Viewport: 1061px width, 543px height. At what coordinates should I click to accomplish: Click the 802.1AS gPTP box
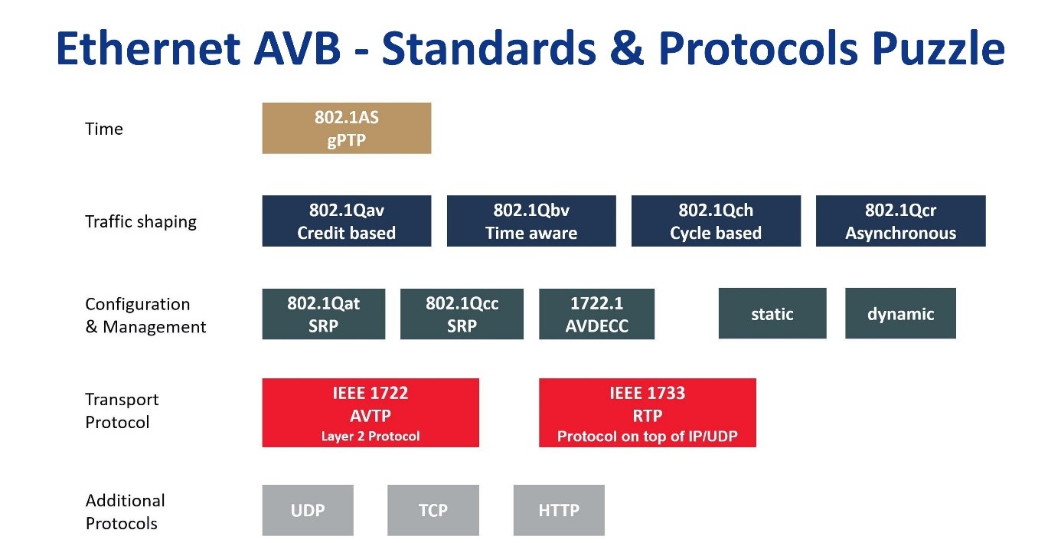(x=346, y=128)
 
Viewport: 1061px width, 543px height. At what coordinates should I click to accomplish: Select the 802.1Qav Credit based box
(x=346, y=221)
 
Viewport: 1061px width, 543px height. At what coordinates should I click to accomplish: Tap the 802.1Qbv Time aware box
(x=530, y=221)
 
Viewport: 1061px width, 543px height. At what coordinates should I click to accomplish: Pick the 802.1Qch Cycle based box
(x=716, y=221)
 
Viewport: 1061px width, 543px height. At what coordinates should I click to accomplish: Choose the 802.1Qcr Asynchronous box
(x=900, y=221)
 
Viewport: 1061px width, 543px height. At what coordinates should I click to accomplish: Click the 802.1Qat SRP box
(x=323, y=314)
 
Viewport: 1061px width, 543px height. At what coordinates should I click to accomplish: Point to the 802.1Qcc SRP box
(x=462, y=314)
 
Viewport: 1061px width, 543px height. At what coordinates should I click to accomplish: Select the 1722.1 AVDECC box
(x=596, y=314)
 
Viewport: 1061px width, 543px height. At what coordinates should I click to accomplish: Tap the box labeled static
(x=772, y=313)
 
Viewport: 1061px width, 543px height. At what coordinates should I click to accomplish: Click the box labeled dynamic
(x=900, y=313)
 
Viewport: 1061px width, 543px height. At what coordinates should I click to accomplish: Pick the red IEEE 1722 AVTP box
(x=370, y=413)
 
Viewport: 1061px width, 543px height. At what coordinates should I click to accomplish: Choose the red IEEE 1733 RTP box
(x=647, y=413)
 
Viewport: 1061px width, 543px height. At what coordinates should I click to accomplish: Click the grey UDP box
(x=307, y=510)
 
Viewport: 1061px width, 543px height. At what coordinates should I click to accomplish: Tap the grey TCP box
(x=433, y=510)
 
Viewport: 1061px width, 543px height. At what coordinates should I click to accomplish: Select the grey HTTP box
(x=558, y=510)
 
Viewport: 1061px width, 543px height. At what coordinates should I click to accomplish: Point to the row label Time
(x=103, y=129)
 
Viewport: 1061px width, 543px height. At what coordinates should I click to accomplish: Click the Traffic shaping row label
(x=140, y=222)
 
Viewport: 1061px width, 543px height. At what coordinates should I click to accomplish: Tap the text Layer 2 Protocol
(x=370, y=437)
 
